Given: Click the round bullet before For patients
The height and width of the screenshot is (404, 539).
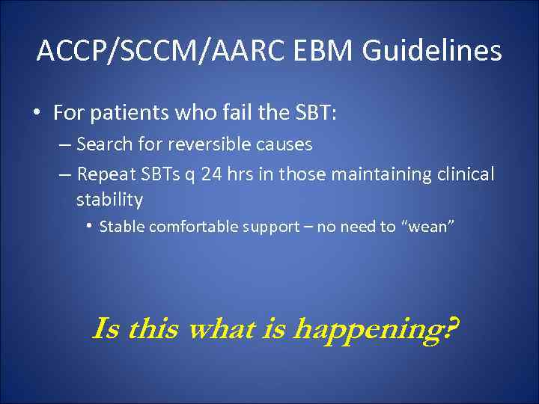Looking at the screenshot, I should tap(37, 113).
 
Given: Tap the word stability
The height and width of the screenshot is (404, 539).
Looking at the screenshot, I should tap(109, 200).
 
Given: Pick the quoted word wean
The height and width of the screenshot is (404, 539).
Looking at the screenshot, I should tap(429, 227).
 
